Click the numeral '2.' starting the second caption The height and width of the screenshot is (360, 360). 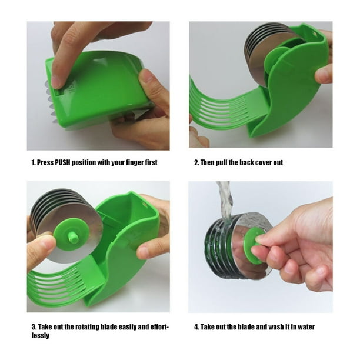pos(196,162)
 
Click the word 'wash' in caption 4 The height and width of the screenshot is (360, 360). pos(273,327)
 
